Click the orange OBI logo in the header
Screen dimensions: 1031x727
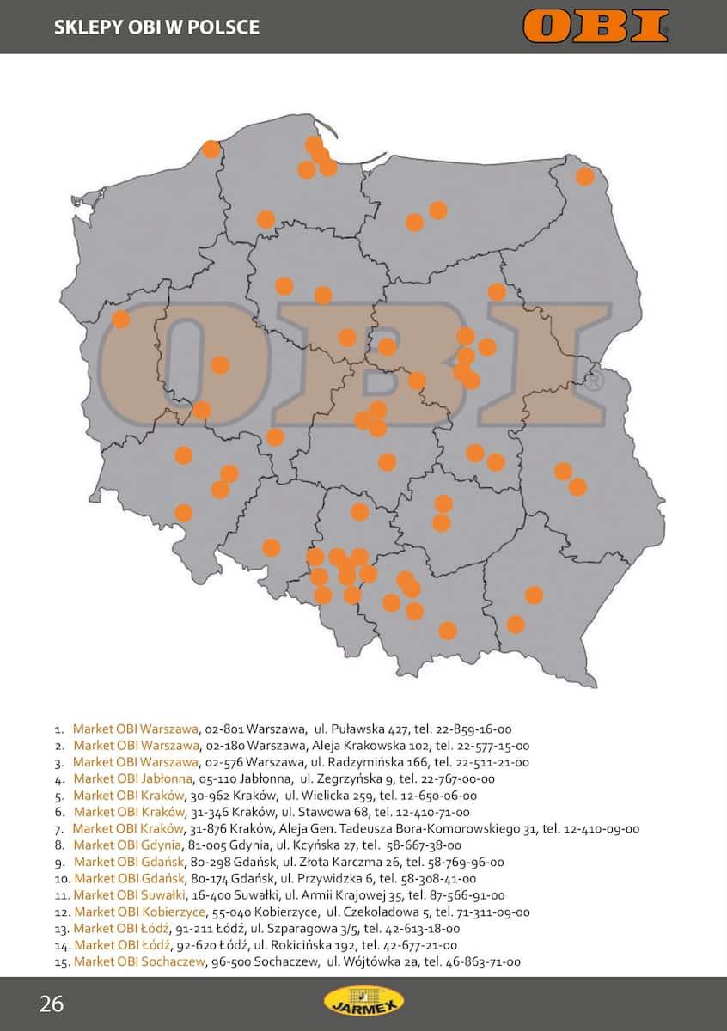click(x=595, y=26)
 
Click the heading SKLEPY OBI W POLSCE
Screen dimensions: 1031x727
click(x=156, y=27)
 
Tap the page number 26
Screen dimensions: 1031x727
click(x=52, y=1004)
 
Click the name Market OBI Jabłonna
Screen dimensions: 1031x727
click(x=132, y=778)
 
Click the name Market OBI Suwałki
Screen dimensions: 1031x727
click(x=130, y=895)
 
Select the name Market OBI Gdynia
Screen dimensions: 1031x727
click(x=128, y=845)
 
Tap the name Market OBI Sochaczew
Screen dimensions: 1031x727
click(x=139, y=962)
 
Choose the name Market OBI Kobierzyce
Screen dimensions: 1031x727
click(x=139, y=912)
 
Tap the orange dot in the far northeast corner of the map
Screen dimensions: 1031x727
click(x=585, y=176)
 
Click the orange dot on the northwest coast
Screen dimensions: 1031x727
click(x=211, y=149)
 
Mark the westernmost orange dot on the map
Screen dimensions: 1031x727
click(x=121, y=319)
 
